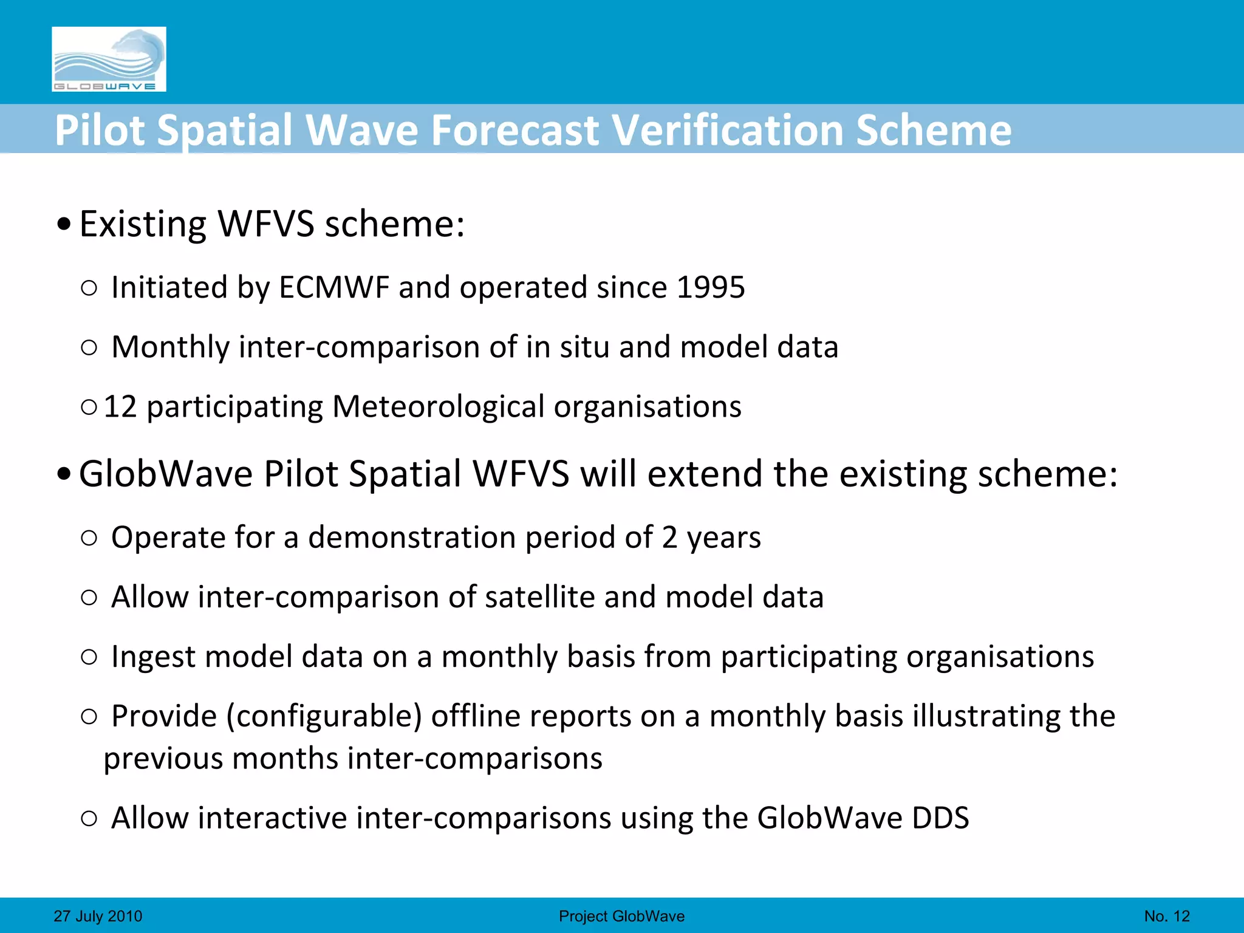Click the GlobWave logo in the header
click(x=109, y=59)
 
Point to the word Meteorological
click(x=438, y=406)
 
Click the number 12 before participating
click(x=120, y=406)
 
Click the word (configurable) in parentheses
click(x=324, y=716)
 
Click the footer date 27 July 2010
click(x=98, y=916)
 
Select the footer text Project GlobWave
click(x=621, y=916)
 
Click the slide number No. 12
click(x=1167, y=916)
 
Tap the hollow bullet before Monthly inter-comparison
click(x=89, y=347)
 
